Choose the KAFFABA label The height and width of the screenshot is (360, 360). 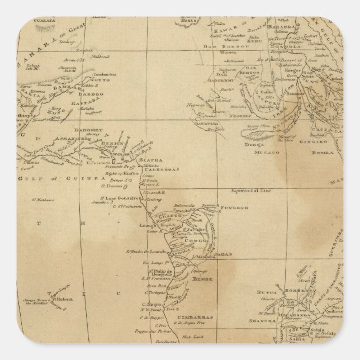91,102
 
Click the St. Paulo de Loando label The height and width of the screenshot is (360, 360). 147,252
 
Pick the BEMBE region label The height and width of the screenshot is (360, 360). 200,277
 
